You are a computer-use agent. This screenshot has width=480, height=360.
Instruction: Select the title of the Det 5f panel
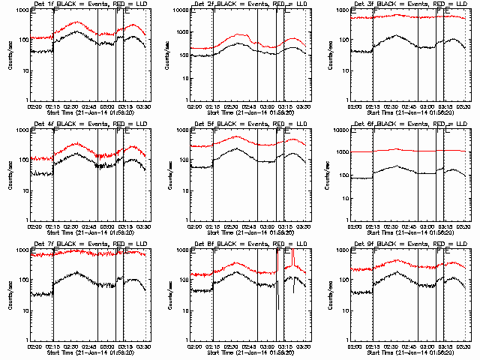[249, 125]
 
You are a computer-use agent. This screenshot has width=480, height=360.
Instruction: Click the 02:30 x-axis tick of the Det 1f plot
[73, 106]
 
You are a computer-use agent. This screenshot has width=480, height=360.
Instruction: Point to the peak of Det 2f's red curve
[239, 35]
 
